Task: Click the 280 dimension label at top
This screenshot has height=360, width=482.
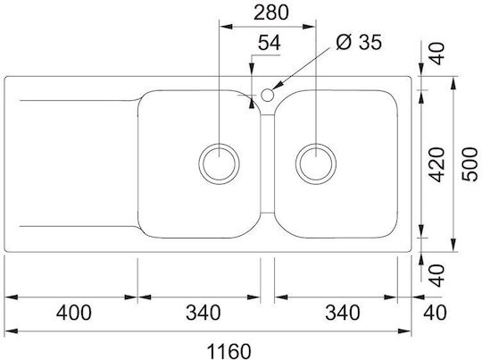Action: (x=271, y=13)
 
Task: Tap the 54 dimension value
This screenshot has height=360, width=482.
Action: (x=270, y=43)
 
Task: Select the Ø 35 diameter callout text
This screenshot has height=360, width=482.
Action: (x=359, y=42)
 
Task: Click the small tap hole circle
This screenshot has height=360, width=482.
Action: (x=268, y=95)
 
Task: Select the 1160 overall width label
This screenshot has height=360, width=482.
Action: (x=229, y=351)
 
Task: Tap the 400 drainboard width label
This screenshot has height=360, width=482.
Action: (x=74, y=313)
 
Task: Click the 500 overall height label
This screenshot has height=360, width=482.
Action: (x=470, y=164)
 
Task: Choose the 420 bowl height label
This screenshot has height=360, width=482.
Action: (x=436, y=164)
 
